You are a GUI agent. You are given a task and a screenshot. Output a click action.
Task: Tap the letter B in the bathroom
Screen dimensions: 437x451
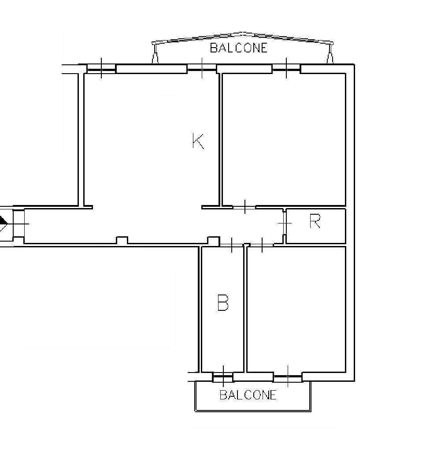223,302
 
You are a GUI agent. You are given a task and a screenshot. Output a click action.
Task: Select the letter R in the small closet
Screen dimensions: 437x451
315,221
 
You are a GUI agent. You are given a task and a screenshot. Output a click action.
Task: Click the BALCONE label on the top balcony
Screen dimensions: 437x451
239,48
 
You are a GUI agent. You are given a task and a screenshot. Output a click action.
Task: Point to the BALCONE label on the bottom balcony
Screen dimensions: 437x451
248,395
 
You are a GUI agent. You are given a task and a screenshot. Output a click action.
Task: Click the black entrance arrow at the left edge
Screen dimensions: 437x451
3,223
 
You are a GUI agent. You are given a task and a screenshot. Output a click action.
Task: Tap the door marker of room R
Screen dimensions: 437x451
285,223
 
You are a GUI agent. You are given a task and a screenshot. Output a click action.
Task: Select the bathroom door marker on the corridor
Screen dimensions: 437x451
232,245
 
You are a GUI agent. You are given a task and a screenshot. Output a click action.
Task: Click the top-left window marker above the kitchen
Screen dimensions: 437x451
101,68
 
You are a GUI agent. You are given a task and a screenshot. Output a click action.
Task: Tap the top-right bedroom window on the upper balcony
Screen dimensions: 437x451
286,68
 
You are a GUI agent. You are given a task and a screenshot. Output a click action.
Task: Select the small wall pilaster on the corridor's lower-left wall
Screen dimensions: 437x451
122,240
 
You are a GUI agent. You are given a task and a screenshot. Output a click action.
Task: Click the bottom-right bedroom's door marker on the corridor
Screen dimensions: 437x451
262,245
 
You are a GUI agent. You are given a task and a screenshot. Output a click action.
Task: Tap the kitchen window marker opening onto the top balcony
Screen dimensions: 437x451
202,68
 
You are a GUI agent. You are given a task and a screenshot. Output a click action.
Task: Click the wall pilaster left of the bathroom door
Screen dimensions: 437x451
214,240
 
